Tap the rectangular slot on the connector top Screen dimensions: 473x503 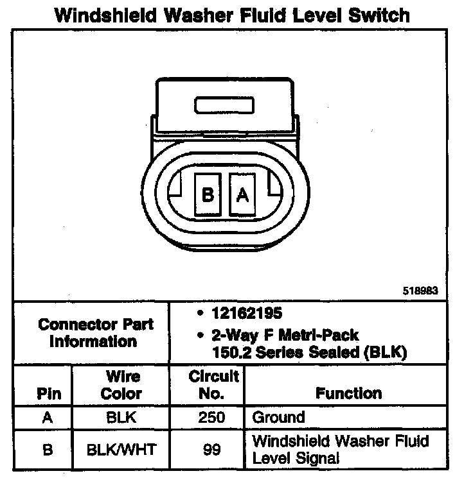tap(225, 103)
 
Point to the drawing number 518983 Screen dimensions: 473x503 tap(420, 290)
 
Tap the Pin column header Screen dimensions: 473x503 tap(49, 393)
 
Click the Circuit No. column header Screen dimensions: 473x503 tap(213, 384)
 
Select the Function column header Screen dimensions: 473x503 tap(348, 393)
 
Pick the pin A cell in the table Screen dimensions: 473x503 tap(47, 418)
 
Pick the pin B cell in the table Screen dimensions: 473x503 tap(47, 449)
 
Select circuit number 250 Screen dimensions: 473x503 tap(212, 418)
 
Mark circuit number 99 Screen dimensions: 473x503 tap(212, 449)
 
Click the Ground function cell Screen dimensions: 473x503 tap(278, 418)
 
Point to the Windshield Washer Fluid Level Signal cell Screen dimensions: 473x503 tap(341, 449)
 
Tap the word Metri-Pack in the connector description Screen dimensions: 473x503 tap(319, 334)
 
